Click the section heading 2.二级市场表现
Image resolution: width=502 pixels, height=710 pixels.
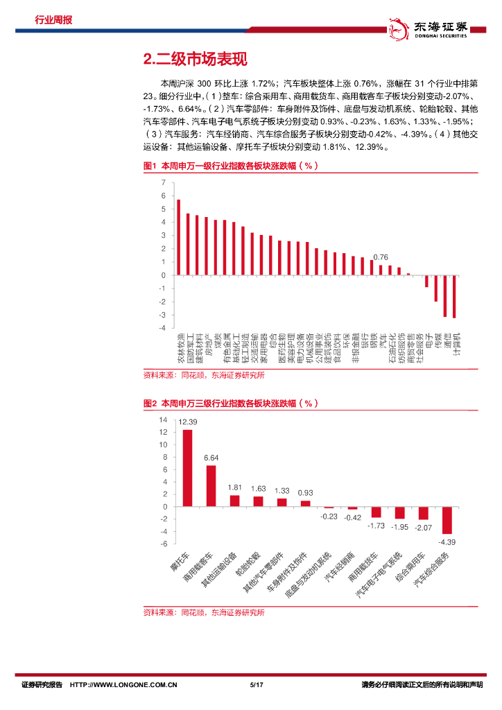[x=194, y=60]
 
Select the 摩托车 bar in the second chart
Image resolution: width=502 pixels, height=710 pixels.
[x=187, y=468]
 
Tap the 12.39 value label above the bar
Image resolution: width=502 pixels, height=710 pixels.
[x=188, y=422]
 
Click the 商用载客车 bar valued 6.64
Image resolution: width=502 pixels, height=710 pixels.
[x=211, y=485]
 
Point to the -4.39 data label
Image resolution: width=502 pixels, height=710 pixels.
[x=447, y=541]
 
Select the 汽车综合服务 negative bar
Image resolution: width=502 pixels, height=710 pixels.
[x=447, y=519]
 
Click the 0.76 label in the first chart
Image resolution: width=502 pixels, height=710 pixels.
[x=381, y=257]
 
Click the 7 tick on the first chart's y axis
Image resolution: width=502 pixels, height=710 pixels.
[x=163, y=182]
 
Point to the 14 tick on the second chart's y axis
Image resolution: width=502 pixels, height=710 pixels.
[x=163, y=419]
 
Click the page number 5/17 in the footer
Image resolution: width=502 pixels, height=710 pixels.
[x=255, y=685]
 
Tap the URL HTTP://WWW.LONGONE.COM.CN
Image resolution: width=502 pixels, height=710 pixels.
[x=125, y=685]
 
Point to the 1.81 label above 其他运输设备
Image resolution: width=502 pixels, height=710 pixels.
[x=234, y=487]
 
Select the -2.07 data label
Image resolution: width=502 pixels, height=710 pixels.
[x=423, y=528]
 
